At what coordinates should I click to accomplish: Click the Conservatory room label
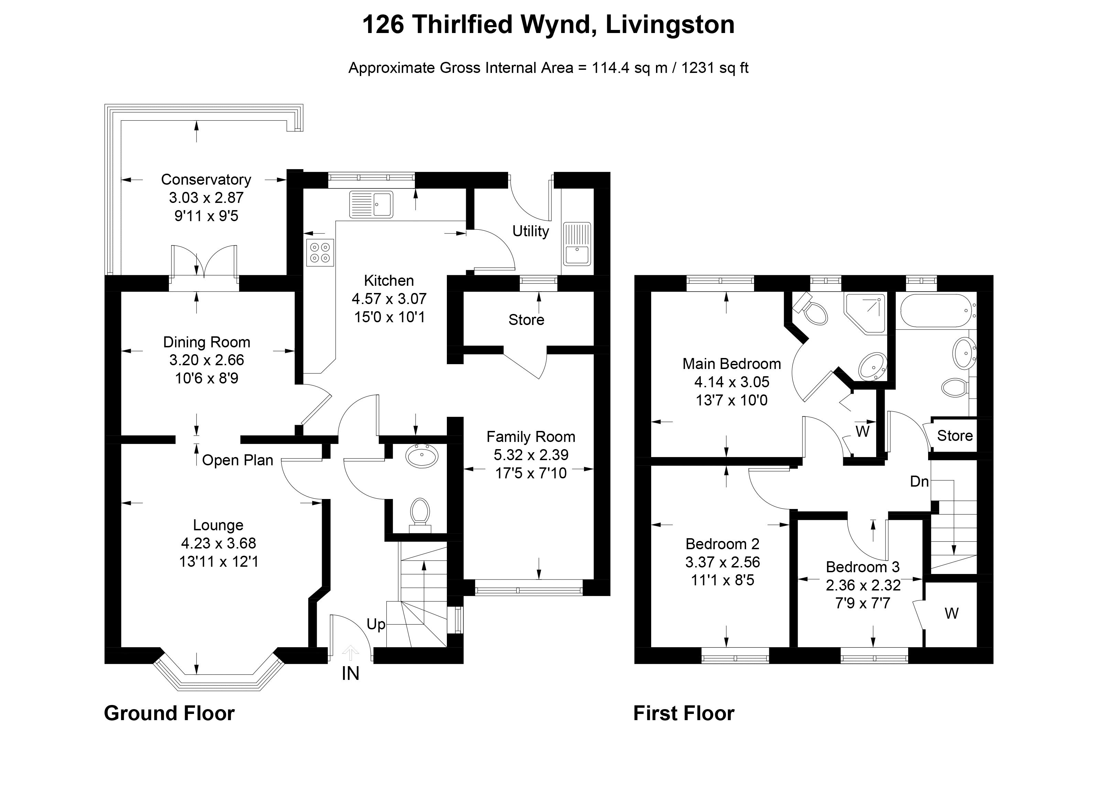[206, 180]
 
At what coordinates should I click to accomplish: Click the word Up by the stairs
[375, 624]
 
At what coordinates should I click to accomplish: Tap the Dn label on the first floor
[919, 481]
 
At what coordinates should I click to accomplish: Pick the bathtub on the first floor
[936, 311]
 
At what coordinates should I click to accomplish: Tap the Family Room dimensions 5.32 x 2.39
[530, 455]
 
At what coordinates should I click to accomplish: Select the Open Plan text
[237, 460]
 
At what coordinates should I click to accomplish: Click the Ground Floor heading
[169, 714]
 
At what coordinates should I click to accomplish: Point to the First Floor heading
[684, 714]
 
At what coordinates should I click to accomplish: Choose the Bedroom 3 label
[863, 567]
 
